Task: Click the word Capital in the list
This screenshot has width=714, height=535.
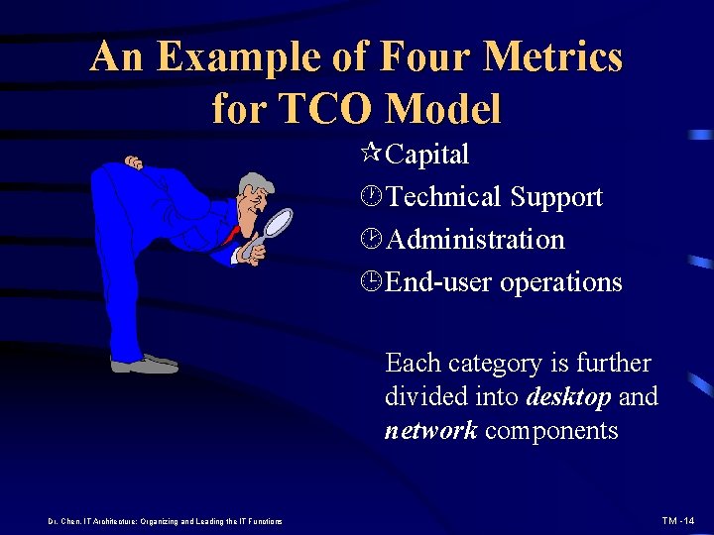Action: click(x=427, y=155)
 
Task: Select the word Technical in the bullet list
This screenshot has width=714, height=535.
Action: click(x=444, y=197)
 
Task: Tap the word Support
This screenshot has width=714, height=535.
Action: click(x=555, y=197)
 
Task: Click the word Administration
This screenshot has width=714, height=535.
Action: click(x=475, y=240)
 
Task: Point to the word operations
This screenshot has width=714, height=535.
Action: click(x=561, y=283)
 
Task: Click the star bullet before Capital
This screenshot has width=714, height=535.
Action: click(x=373, y=155)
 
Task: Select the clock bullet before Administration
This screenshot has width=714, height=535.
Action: click(x=373, y=240)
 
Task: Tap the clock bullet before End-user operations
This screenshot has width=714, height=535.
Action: click(x=373, y=282)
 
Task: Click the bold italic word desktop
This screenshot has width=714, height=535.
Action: click(x=569, y=397)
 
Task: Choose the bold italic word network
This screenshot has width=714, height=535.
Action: click(x=430, y=431)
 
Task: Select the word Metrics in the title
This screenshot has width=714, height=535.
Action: click(x=564, y=57)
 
